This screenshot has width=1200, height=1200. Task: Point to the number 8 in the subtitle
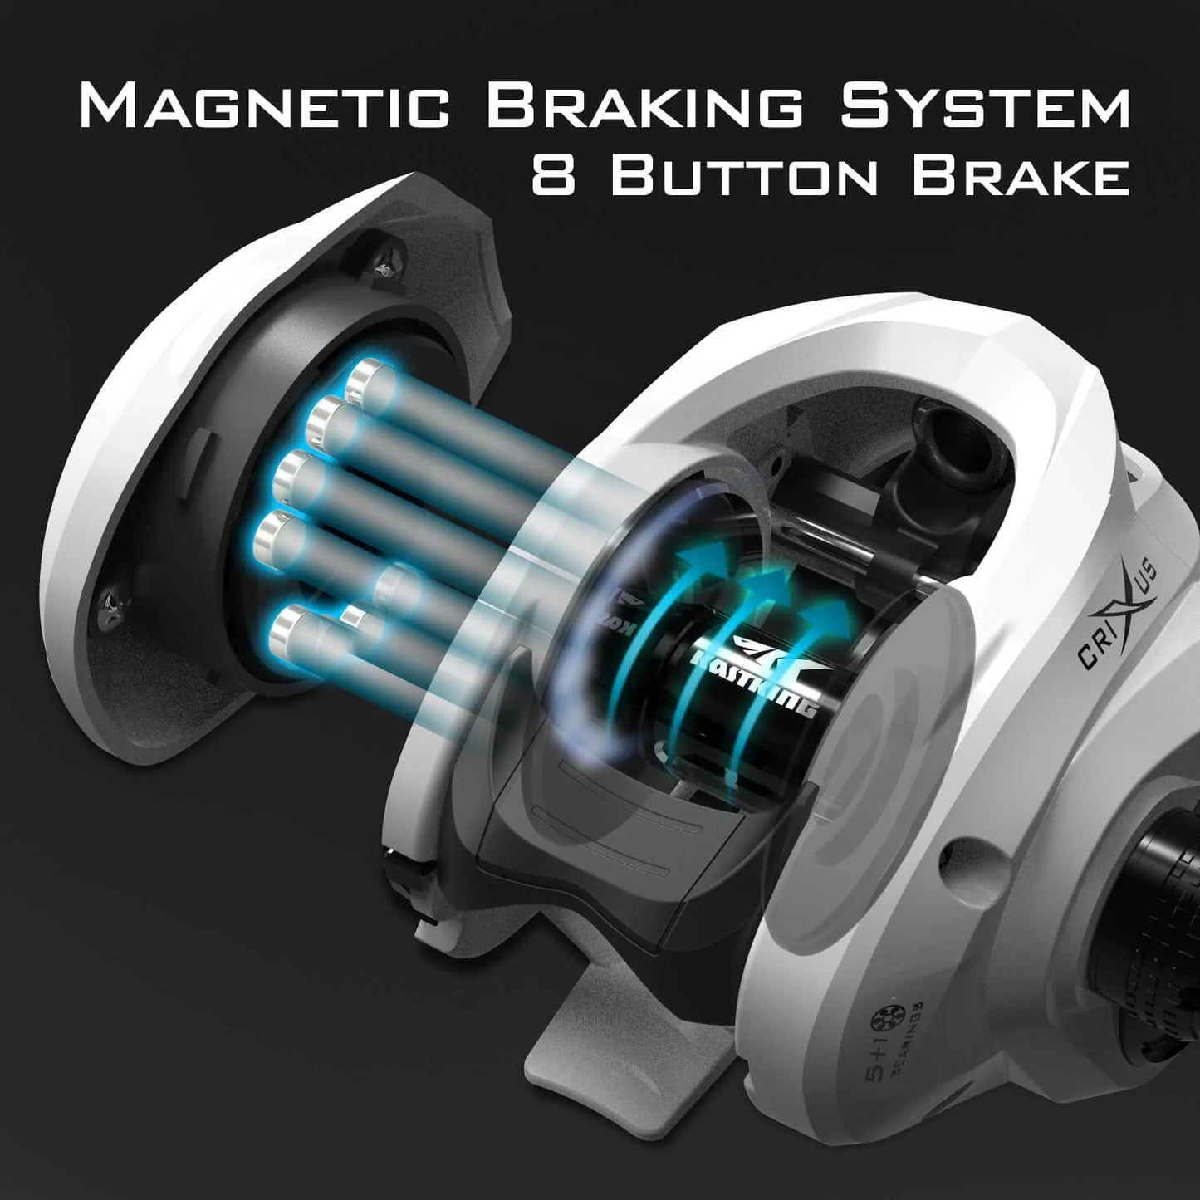(553, 176)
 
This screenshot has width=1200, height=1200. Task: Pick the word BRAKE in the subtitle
(1021, 176)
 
